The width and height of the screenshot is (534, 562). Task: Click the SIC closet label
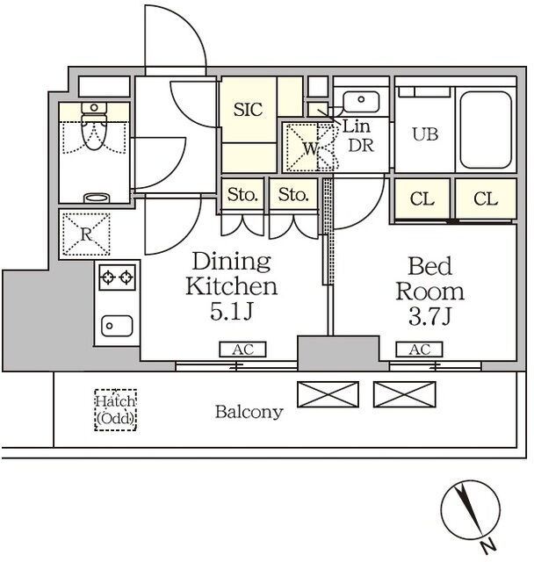[x=248, y=109]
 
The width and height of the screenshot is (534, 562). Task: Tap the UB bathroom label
[x=425, y=134]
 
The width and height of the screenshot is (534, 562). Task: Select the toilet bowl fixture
[x=94, y=126]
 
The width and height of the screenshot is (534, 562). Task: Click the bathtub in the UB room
[x=486, y=129]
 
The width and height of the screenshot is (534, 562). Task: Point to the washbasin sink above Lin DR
[x=361, y=102]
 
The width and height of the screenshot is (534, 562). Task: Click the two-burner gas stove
[x=117, y=277]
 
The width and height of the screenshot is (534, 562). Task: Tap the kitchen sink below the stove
[x=117, y=326]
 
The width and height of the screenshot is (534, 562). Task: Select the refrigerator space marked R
[x=86, y=234]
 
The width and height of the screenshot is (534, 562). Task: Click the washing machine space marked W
[x=310, y=148]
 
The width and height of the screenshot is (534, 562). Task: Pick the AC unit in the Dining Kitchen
[x=242, y=349]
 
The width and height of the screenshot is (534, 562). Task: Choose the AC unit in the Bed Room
[x=419, y=349]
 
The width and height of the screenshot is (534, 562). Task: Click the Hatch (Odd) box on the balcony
[x=115, y=410]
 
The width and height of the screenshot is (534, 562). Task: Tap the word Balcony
[x=249, y=413]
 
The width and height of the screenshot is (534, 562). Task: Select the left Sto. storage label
[x=242, y=195]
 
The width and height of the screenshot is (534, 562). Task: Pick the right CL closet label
[x=486, y=199]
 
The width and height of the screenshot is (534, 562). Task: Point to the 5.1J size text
[x=232, y=311]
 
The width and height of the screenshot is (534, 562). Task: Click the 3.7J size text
[x=429, y=316]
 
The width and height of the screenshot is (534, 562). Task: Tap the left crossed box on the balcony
[x=328, y=394]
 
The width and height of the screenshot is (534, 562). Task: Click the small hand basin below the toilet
[x=97, y=198]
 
